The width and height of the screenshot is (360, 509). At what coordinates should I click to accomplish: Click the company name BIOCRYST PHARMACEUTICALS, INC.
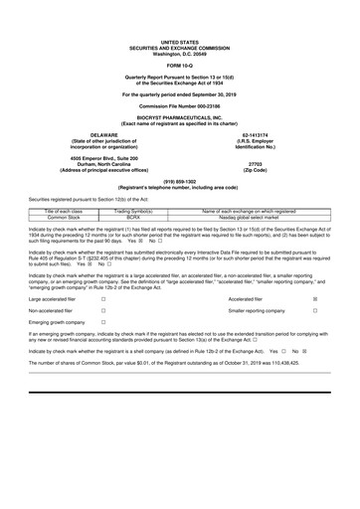180,116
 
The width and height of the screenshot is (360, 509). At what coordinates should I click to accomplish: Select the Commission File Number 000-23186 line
180,103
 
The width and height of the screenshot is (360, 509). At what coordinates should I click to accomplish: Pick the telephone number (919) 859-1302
180,181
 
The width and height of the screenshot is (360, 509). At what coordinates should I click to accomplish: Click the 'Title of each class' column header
64,211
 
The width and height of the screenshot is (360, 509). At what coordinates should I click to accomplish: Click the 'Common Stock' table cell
64,218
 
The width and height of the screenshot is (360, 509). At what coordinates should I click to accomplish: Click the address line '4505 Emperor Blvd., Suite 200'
103,157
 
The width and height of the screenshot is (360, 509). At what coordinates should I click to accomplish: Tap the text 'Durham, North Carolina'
103,164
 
